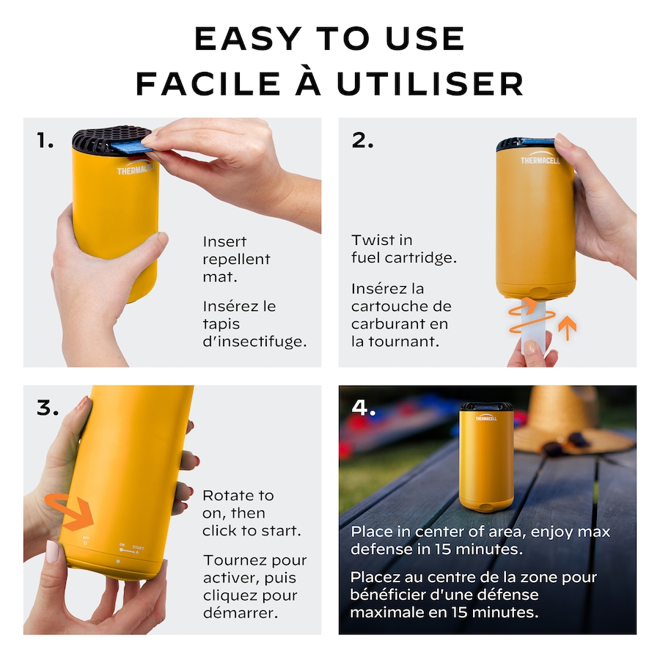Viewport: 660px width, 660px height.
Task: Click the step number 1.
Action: click(x=45, y=140)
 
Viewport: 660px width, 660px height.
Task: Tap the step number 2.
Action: click(x=362, y=140)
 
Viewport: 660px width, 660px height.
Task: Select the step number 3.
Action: click(x=48, y=408)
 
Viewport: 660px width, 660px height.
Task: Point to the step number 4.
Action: click(x=363, y=408)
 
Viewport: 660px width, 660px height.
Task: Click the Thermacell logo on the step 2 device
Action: click(x=540, y=158)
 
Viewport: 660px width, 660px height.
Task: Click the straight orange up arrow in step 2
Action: click(x=568, y=328)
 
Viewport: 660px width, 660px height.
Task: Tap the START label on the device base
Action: click(x=138, y=548)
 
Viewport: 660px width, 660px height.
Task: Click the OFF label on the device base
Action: click(x=86, y=538)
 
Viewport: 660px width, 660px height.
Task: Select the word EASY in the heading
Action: click(x=249, y=39)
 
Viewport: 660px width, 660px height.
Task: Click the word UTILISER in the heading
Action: click(x=430, y=84)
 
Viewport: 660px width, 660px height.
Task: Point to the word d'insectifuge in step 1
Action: click(x=254, y=341)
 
